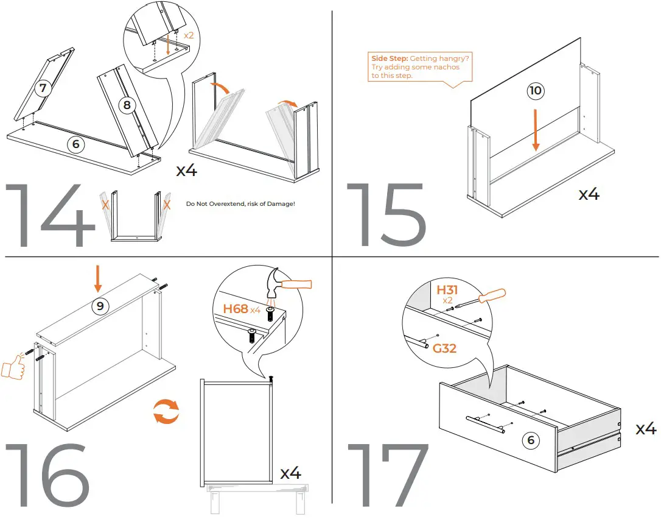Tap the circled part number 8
tap(126, 105)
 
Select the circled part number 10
tap(535, 91)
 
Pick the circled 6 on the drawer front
tap(531, 440)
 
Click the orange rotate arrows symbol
tap(166, 411)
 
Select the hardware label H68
tap(236, 309)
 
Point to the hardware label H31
tap(447, 290)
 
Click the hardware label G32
tap(445, 348)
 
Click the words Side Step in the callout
tap(390, 58)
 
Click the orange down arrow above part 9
tap(97, 280)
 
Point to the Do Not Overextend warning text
tap(240, 203)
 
